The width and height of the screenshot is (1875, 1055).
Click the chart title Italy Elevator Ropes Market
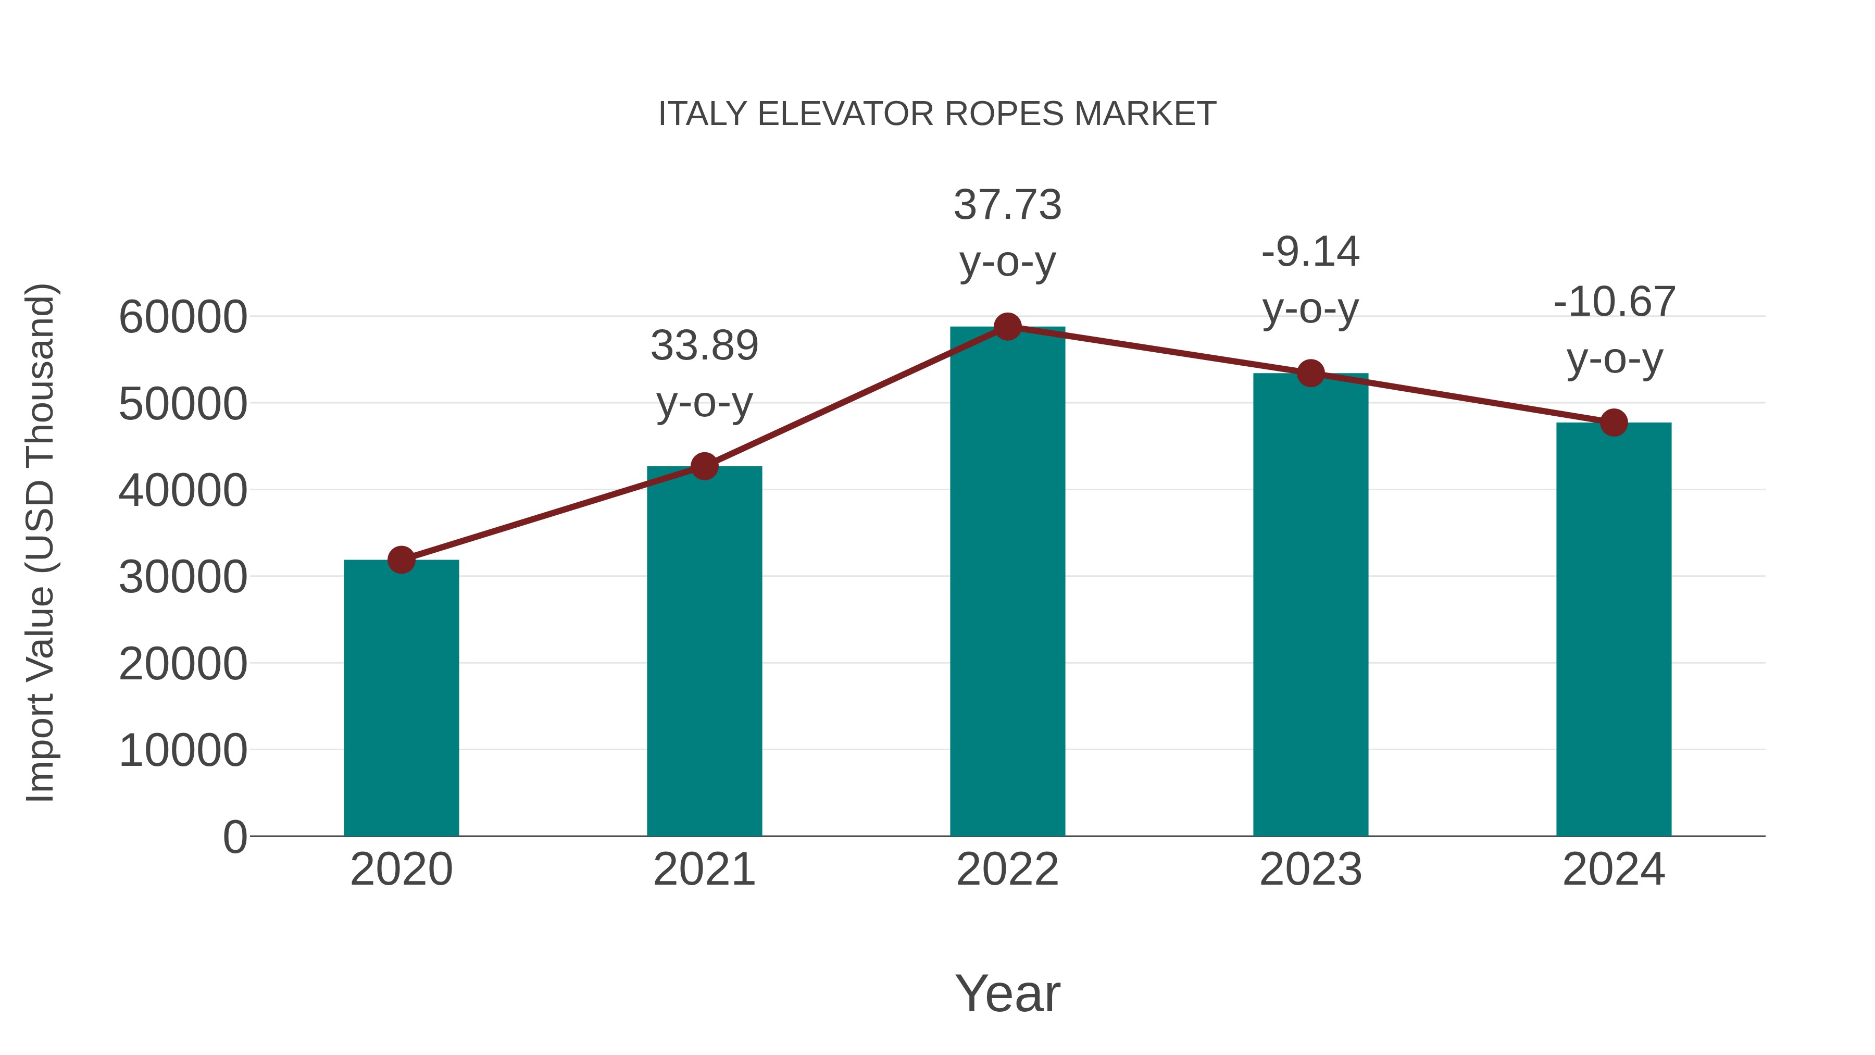[937, 114]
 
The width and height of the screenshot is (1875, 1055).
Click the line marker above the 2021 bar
[704, 466]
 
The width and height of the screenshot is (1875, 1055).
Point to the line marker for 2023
[1310, 374]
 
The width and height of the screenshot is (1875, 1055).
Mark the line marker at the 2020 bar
[401, 560]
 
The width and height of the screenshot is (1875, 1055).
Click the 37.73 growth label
[1007, 205]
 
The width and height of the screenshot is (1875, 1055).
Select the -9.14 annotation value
[1310, 252]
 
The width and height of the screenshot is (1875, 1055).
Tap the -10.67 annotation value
[1614, 302]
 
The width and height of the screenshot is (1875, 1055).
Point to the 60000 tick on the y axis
[183, 317]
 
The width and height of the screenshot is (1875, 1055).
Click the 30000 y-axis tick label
[183, 577]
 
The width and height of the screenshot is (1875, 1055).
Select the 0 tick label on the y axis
[235, 837]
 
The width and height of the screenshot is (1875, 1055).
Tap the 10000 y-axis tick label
[183, 751]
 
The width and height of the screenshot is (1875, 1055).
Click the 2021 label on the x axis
[704, 870]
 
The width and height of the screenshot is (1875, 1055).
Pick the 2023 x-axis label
[1310, 870]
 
